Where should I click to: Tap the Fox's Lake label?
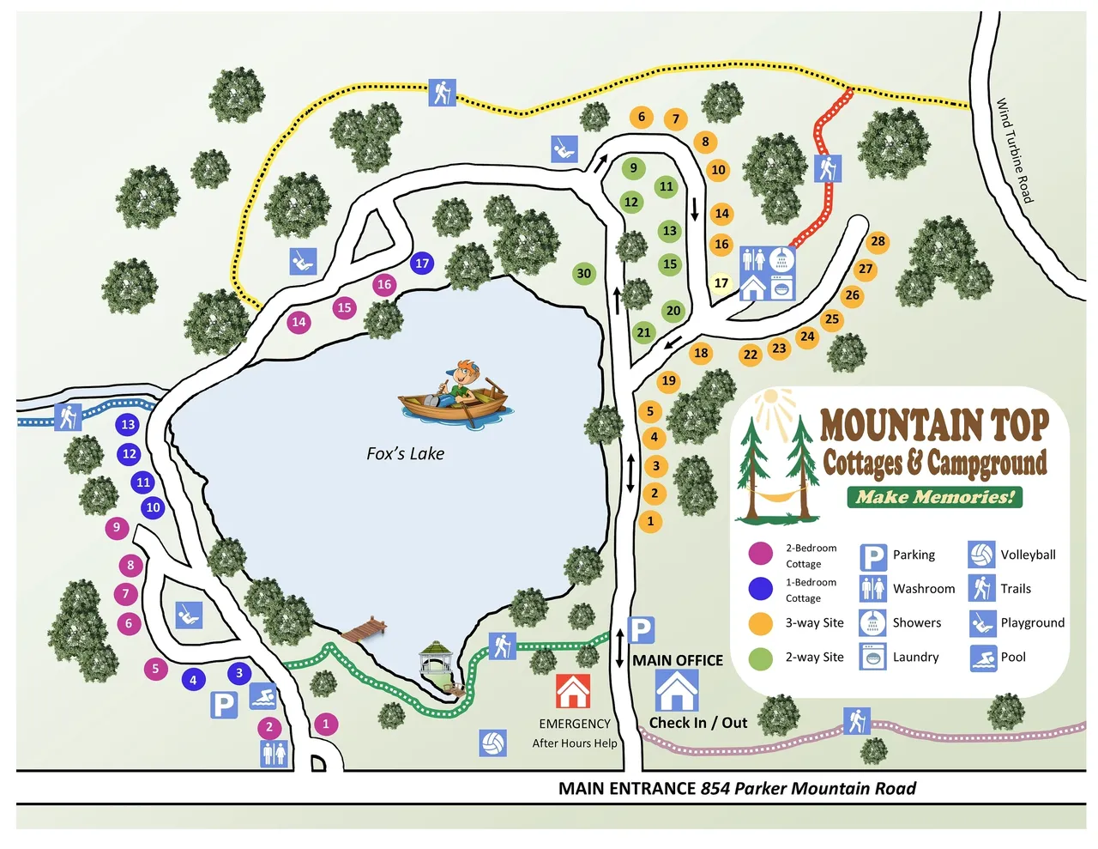pos(405,453)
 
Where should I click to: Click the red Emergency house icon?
pos(573,691)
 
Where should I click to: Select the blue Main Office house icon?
pos(677,690)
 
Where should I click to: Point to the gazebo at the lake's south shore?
pos(436,662)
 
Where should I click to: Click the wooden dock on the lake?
pos(364,630)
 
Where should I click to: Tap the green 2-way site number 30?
pos(584,274)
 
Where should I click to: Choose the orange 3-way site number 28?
pos(878,241)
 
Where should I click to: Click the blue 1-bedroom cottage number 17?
pos(422,264)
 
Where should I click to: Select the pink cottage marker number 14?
pos(299,322)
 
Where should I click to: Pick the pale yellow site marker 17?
pos(721,282)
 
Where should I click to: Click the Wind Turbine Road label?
pos(1015,150)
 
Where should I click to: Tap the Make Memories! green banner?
pos(934,497)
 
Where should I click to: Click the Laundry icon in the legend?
pos(873,658)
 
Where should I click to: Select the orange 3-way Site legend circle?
pos(760,623)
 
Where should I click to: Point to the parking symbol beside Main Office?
pos(641,631)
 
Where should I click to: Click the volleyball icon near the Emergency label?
pos(492,743)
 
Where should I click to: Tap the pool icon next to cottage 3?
pos(262,696)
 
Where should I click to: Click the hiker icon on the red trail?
pos(828,169)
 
